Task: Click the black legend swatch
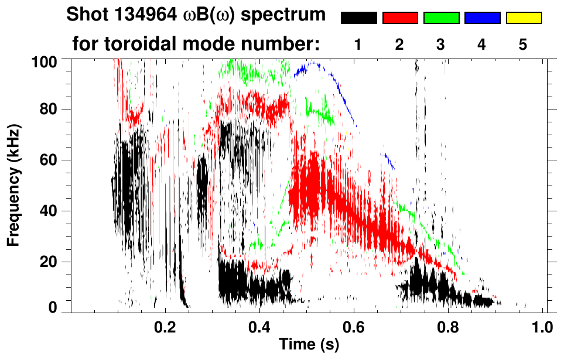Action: click(358, 18)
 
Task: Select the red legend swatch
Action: click(400, 18)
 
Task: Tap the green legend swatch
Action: click(441, 18)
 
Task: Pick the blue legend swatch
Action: click(482, 18)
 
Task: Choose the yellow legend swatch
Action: click(523, 18)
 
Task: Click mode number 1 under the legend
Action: click(358, 44)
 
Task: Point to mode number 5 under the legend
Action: click(523, 44)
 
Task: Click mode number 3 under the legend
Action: click(440, 44)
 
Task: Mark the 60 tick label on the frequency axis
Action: click(54, 160)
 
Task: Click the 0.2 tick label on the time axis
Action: click(165, 326)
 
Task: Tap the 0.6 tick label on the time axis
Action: click(353, 326)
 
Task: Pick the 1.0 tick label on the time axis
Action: click(543, 326)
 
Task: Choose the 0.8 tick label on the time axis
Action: click(449, 326)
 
